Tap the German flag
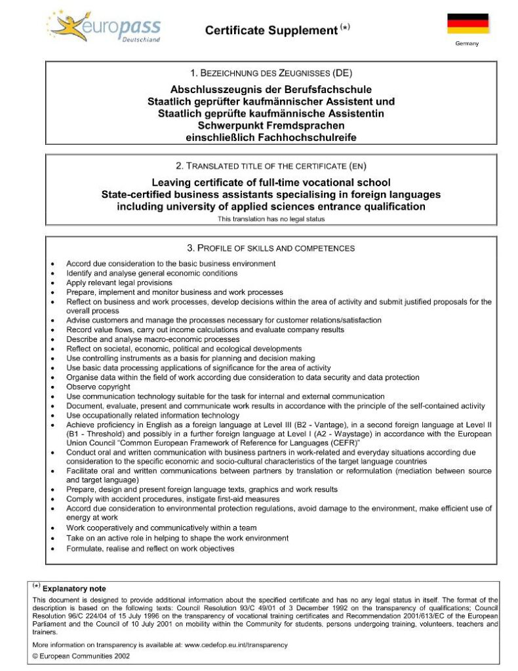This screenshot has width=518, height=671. pos(468,24)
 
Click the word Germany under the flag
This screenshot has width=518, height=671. pos(468,44)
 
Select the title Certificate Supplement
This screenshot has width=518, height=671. pos(270,30)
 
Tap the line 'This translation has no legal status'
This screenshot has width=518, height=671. pos(271,219)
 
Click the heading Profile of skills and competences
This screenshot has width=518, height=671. pos(271,248)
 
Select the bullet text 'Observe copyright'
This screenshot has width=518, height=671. pos(98,387)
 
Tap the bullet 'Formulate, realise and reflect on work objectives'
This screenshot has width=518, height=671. pos(150,548)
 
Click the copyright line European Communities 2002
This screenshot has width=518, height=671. pos(85,655)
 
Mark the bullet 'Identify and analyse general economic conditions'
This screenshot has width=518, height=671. pos(151,273)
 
